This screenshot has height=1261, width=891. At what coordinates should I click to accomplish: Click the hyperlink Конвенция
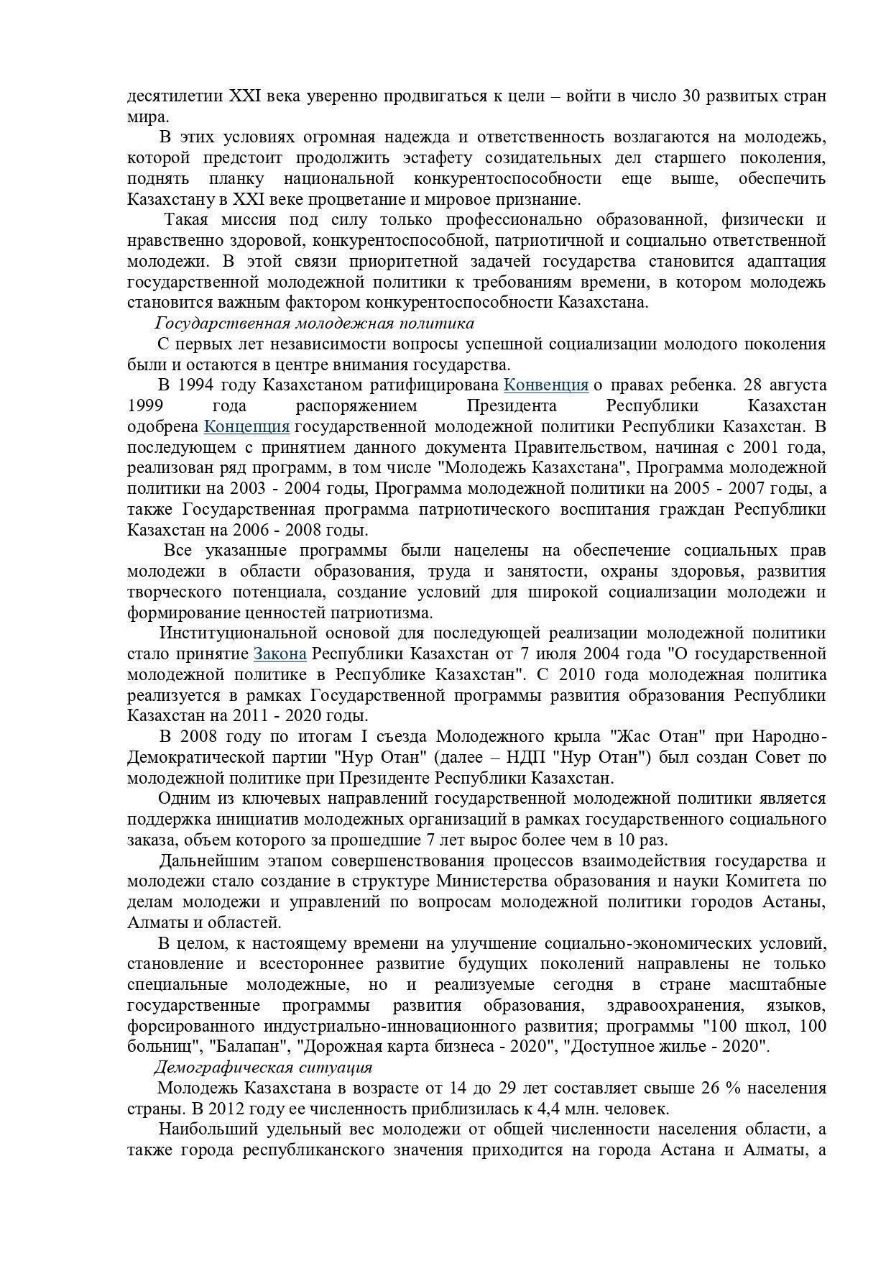click(545, 385)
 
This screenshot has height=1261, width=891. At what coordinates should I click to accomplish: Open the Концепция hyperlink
click(246, 427)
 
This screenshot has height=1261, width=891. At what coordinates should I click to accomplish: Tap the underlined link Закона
click(280, 654)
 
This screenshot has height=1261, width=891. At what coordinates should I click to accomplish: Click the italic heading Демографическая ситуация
click(263, 1067)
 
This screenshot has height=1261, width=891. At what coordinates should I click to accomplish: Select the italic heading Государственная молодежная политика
click(315, 324)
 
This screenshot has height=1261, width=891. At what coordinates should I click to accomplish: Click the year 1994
click(195, 385)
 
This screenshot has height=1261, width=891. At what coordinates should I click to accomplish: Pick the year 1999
click(147, 406)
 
